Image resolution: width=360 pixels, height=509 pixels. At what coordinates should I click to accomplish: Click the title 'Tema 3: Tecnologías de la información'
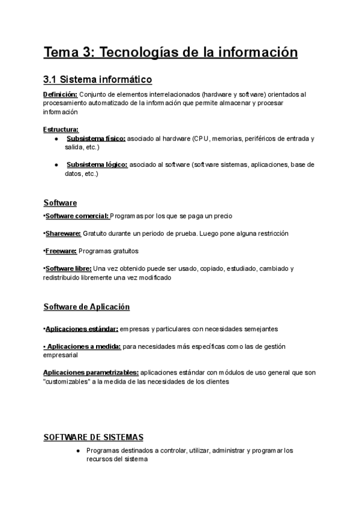(170, 52)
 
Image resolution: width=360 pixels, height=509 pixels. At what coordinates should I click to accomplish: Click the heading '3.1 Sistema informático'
(98, 79)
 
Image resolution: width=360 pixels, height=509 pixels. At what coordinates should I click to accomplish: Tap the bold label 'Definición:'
(60, 95)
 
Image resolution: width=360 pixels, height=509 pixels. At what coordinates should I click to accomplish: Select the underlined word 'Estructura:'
(61, 130)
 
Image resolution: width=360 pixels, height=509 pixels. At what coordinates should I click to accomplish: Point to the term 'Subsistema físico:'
(96, 139)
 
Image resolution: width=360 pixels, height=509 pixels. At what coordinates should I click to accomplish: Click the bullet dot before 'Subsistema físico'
(56, 139)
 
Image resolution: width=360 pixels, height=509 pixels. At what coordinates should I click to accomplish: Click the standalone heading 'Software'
(60, 203)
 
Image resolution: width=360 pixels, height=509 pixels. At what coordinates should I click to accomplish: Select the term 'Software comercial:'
(77, 215)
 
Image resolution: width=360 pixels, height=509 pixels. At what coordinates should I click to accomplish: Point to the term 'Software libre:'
(68, 268)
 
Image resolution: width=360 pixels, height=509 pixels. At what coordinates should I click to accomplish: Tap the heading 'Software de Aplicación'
(86, 307)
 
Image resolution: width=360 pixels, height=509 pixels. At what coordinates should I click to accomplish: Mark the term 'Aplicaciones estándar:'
(82, 329)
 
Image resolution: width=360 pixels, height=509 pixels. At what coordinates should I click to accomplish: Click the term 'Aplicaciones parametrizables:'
(91, 373)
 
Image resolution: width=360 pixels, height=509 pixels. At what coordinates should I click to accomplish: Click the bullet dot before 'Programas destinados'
(78, 450)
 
